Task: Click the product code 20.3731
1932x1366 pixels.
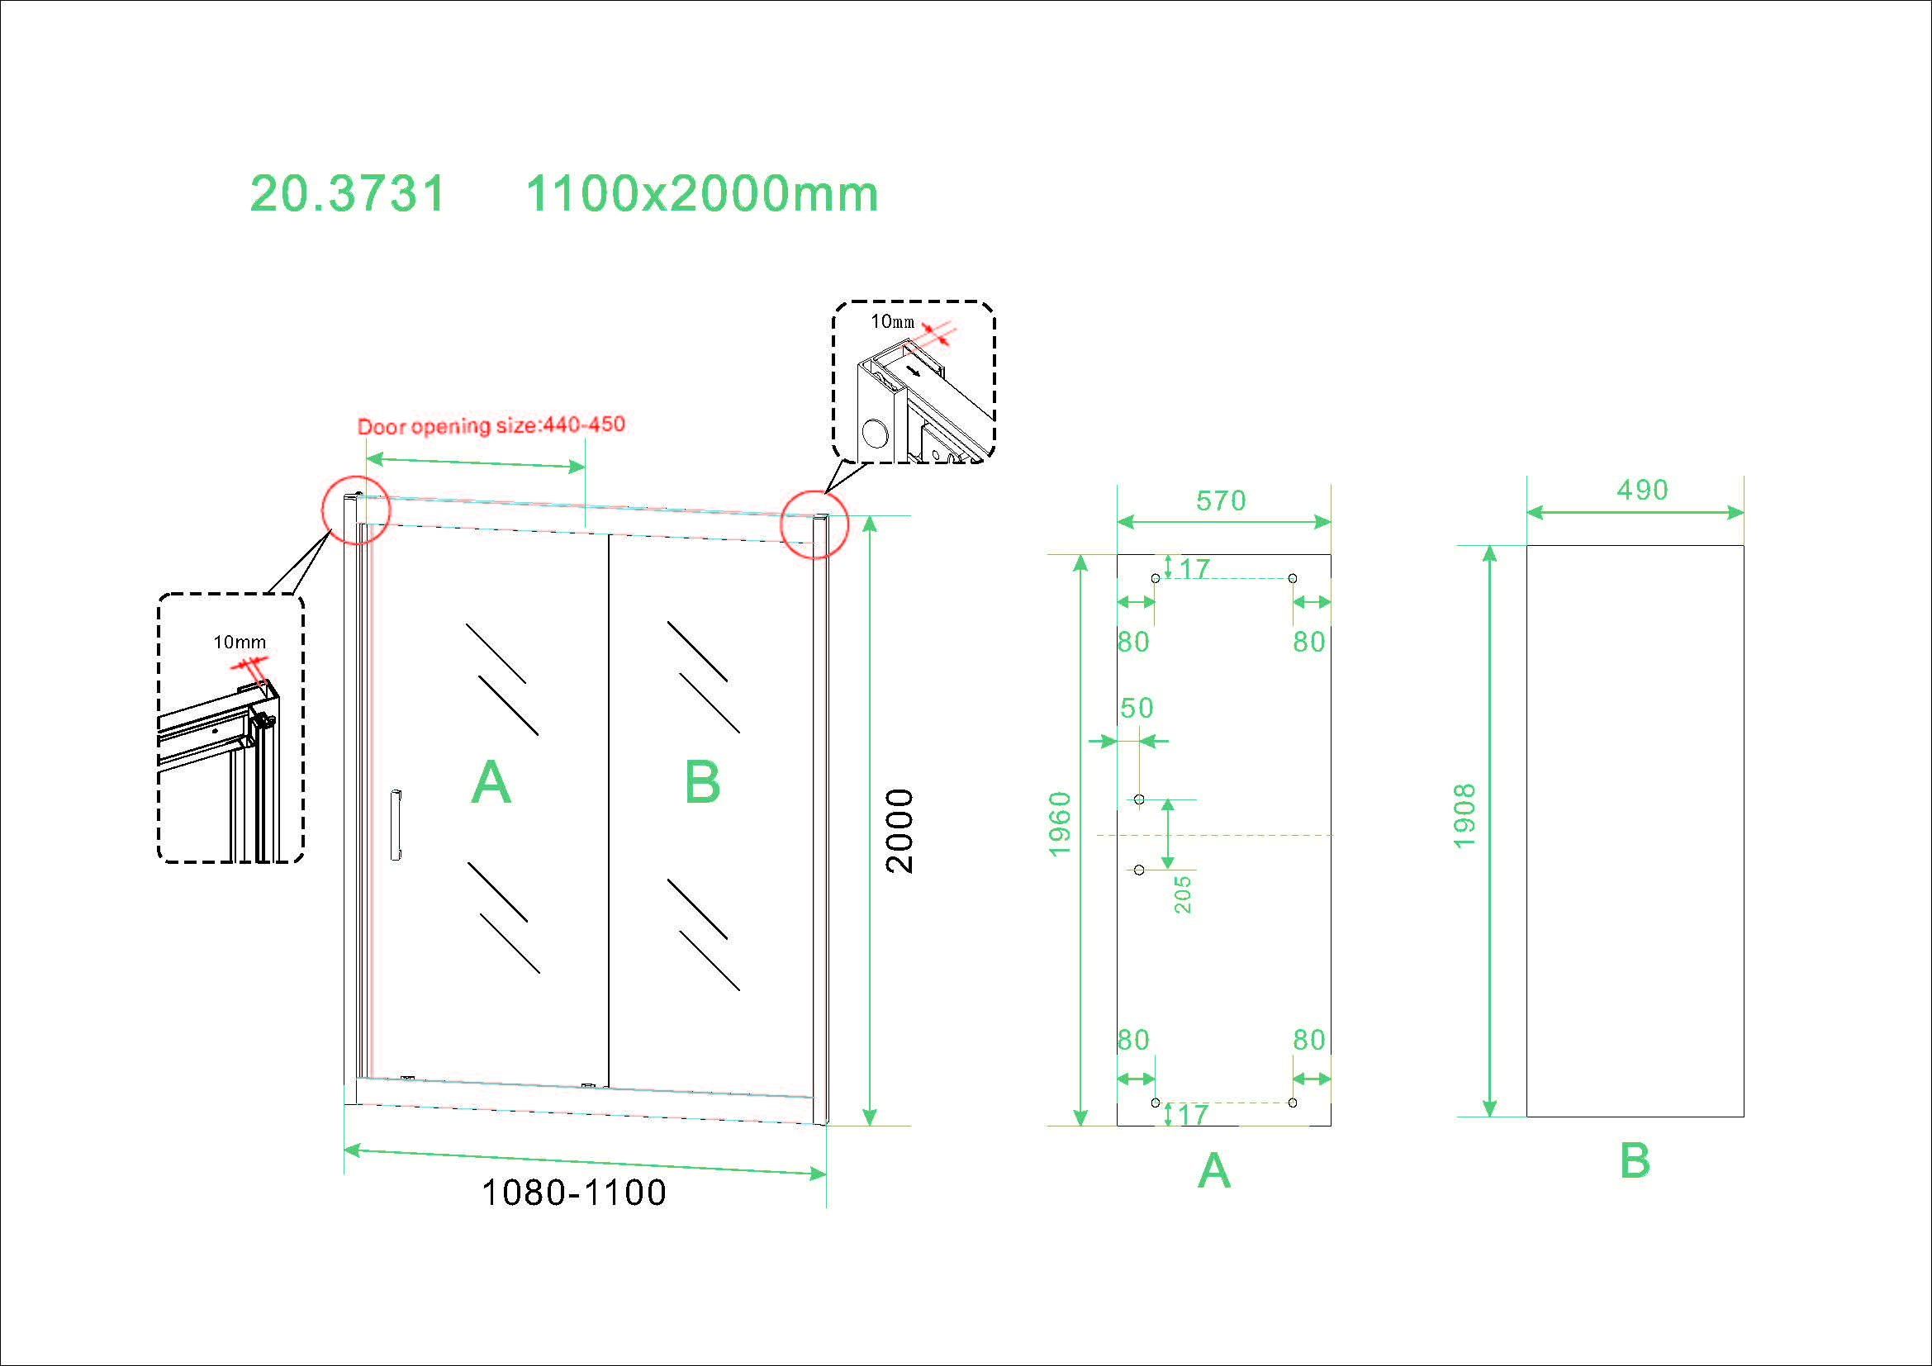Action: pyautogui.click(x=348, y=194)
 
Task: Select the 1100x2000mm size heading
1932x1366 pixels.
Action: pyautogui.click(x=702, y=194)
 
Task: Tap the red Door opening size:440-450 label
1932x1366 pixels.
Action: pyautogui.click(x=491, y=425)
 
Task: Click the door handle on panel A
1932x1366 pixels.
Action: pyautogui.click(x=396, y=825)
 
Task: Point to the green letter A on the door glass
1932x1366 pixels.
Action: pyautogui.click(x=491, y=782)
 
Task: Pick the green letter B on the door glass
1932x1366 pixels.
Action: pyautogui.click(x=703, y=782)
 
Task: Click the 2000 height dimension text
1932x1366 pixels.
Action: pyautogui.click(x=900, y=831)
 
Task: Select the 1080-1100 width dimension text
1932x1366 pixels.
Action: pyautogui.click(x=574, y=1193)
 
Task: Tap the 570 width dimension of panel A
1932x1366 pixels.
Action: pyautogui.click(x=1221, y=501)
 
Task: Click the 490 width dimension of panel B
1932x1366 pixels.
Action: pyautogui.click(x=1643, y=491)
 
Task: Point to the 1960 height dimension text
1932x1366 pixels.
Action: pyautogui.click(x=1061, y=824)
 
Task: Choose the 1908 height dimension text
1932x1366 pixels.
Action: pyautogui.click(x=1465, y=816)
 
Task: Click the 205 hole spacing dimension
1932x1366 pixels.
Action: pyautogui.click(x=1183, y=894)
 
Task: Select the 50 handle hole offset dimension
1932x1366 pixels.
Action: pyautogui.click(x=1137, y=709)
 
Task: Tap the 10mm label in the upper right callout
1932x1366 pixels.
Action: pyautogui.click(x=892, y=321)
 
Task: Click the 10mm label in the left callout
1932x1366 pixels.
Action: pyautogui.click(x=240, y=643)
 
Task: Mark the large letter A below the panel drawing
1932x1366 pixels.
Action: pyautogui.click(x=1214, y=1171)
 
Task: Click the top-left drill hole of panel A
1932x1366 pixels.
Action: pyautogui.click(x=1156, y=579)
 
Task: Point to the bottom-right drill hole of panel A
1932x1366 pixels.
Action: pyautogui.click(x=1293, y=1103)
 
